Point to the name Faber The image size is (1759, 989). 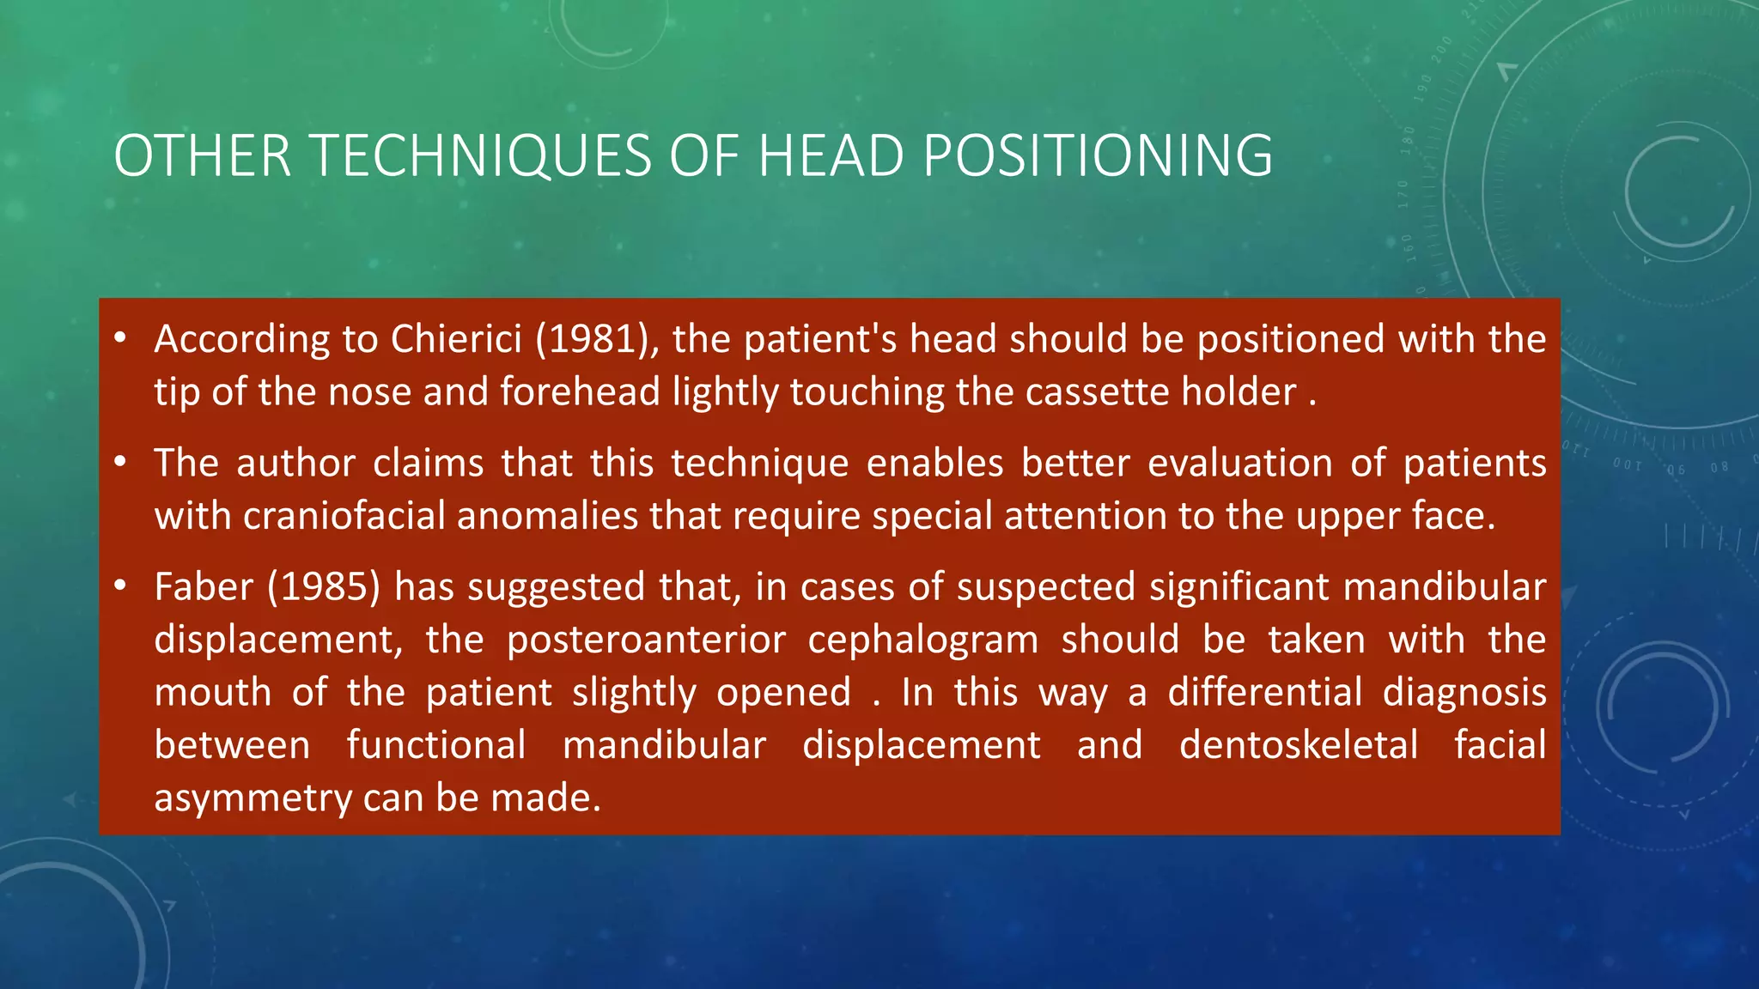pos(204,587)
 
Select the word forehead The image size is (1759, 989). pos(580,392)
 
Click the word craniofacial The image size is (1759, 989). pos(344,516)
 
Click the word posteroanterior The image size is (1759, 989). pos(646,640)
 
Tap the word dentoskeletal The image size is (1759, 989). pos(1298,745)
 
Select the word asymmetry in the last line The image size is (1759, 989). pos(253,798)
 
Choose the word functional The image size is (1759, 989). pos(436,745)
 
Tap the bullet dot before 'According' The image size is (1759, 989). pos(120,339)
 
